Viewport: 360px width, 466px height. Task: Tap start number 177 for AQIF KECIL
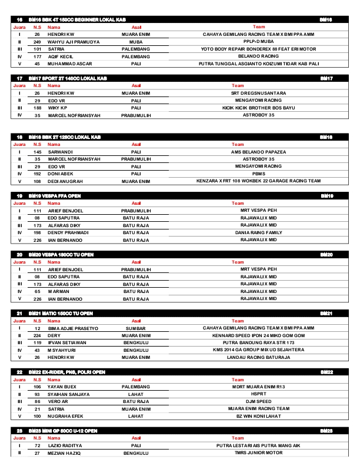click(37, 56)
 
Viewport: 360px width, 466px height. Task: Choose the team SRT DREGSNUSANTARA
click(258, 93)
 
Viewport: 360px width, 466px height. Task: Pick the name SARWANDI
click(59, 152)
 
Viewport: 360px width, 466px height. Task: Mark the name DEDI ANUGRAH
click(64, 181)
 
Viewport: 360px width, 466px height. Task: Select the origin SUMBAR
click(136, 328)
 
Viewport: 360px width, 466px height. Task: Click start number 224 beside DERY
click(37, 335)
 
